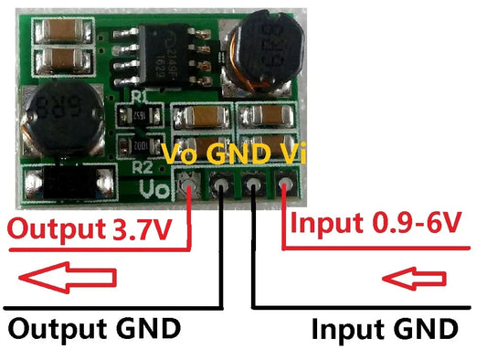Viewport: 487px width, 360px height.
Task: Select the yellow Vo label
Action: (x=181, y=154)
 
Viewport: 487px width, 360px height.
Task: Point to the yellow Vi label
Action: (x=289, y=154)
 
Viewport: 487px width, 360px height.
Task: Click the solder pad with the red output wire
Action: (x=189, y=188)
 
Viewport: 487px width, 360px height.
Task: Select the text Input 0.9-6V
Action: (x=376, y=223)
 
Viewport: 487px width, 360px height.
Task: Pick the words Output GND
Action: (x=94, y=326)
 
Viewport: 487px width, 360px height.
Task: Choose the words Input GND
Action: (x=384, y=327)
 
